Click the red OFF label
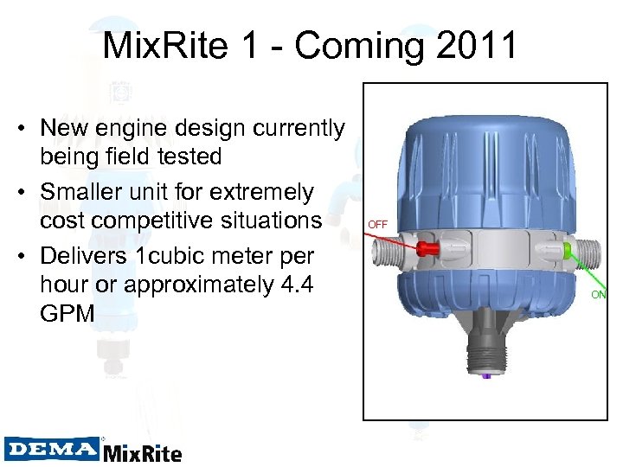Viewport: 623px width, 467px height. click(377, 224)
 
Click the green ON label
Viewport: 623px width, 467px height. click(599, 294)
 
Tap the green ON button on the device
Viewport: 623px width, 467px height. click(566, 252)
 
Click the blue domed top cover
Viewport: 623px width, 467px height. click(487, 164)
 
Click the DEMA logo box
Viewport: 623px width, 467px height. click(51, 449)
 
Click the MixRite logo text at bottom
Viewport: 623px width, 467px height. click(143, 451)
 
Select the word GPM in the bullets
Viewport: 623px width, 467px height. click(67, 313)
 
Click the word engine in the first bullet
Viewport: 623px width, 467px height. click(152, 129)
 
